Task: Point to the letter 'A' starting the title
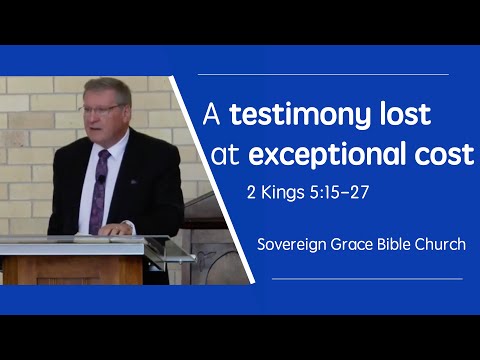pyautogui.click(x=212, y=115)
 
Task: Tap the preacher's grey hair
pyautogui.click(x=108, y=87)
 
